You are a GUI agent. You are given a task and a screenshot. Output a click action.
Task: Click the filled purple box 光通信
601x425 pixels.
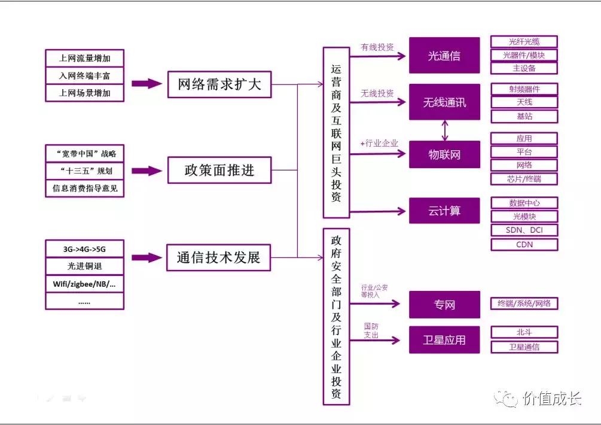444,56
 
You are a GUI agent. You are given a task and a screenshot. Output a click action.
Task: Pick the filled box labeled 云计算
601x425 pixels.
444,211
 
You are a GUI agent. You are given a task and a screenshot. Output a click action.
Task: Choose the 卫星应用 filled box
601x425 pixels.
444,340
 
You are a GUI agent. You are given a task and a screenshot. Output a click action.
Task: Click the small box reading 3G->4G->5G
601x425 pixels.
84,249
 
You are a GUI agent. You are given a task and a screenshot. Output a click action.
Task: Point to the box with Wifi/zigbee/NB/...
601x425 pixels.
84,283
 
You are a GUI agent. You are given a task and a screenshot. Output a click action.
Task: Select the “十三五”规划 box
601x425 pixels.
84,171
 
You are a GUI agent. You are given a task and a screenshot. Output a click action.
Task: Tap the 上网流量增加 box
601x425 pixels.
84,59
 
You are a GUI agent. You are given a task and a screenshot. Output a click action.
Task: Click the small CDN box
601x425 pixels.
524,244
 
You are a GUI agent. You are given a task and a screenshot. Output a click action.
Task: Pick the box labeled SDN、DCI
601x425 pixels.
524,230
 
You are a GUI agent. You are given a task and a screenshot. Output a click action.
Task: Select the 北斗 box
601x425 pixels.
524,332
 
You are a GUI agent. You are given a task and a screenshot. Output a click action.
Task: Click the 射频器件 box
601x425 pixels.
524,89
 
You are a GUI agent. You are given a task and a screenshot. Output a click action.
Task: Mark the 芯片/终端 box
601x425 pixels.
524,179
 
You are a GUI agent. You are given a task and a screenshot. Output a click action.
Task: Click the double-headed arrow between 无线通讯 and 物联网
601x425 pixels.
444,130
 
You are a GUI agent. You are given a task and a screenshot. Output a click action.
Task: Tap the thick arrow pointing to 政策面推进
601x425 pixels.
147,171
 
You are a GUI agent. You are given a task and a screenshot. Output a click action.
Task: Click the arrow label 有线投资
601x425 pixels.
377,47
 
